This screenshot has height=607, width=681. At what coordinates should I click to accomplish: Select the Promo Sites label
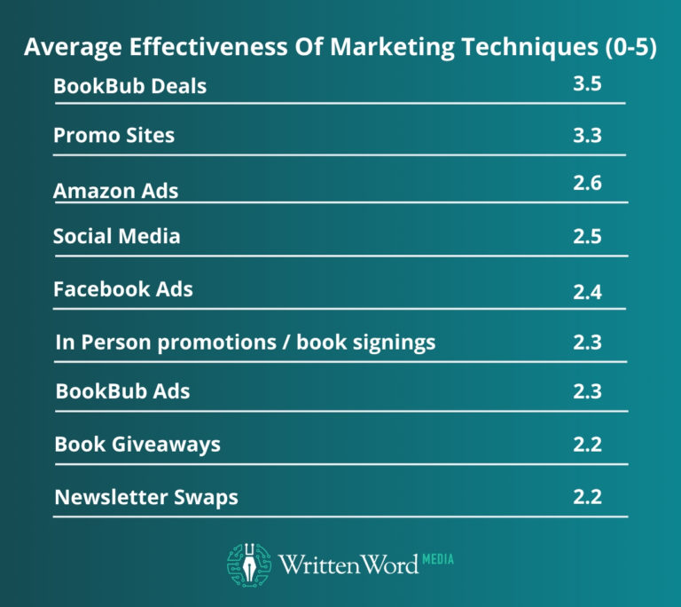click(x=113, y=136)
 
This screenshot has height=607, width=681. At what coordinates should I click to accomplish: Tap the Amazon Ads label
click(x=115, y=191)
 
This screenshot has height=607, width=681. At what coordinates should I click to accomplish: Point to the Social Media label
click(x=116, y=236)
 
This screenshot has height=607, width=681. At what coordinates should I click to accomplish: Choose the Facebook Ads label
click(x=122, y=289)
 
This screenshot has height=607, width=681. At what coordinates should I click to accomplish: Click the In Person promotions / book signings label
click(x=245, y=342)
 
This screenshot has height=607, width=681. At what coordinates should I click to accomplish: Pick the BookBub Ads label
click(x=122, y=391)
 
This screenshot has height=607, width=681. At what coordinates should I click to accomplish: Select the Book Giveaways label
click(x=137, y=444)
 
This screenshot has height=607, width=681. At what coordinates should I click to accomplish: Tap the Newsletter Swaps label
click(x=146, y=497)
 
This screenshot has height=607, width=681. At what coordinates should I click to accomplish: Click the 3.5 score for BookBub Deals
click(x=586, y=86)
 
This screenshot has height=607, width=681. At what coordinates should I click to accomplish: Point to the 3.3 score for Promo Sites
click(x=586, y=136)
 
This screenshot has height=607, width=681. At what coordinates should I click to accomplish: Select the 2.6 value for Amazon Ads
click(x=586, y=184)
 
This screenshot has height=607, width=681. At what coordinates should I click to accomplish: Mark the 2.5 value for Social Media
click(x=586, y=237)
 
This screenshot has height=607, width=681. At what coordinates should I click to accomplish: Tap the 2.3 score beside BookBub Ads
click(x=586, y=391)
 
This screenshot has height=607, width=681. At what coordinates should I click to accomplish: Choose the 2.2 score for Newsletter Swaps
click(x=586, y=497)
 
